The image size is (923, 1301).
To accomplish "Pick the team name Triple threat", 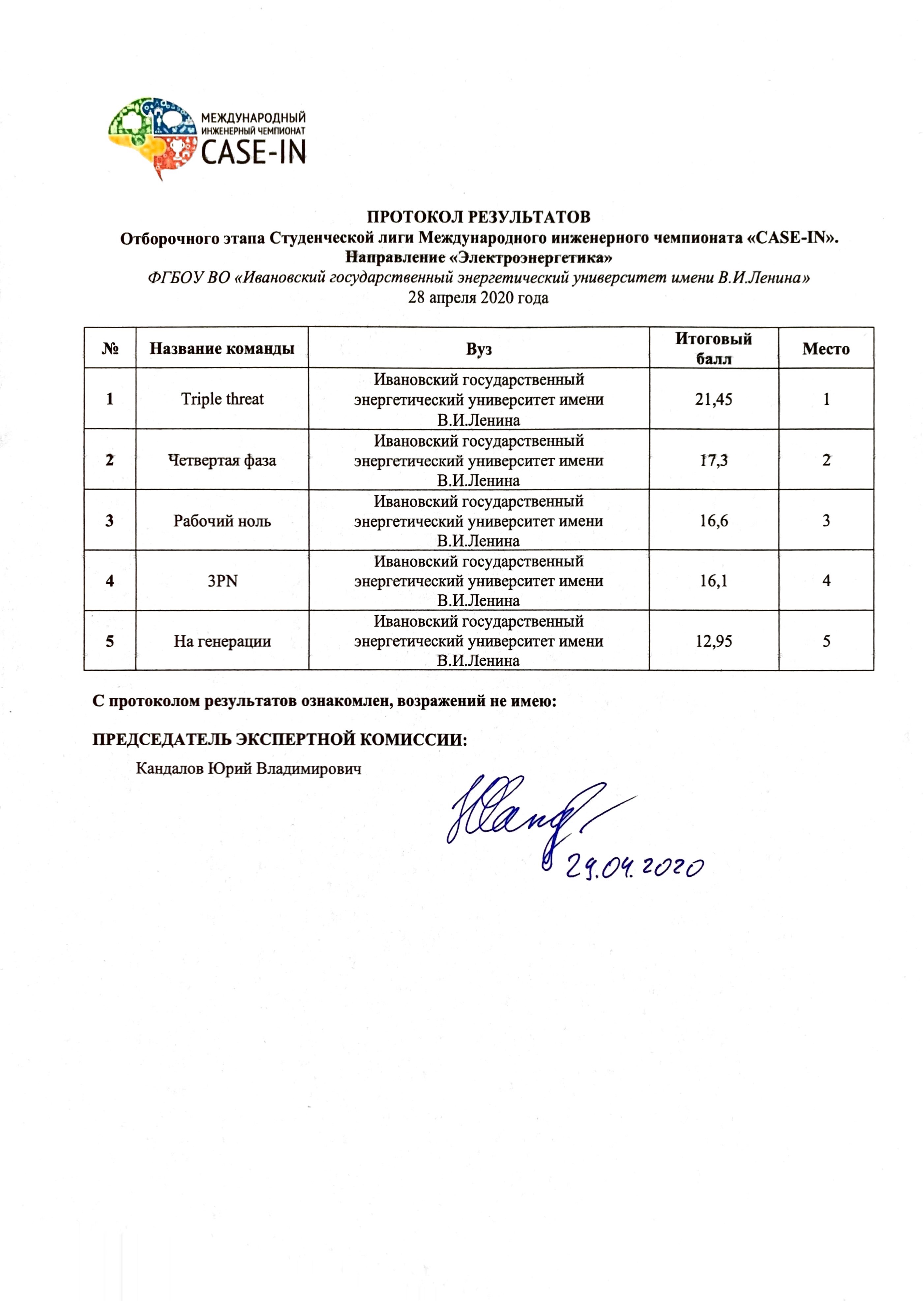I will click(x=222, y=399).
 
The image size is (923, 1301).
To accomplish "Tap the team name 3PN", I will click(x=222, y=581).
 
